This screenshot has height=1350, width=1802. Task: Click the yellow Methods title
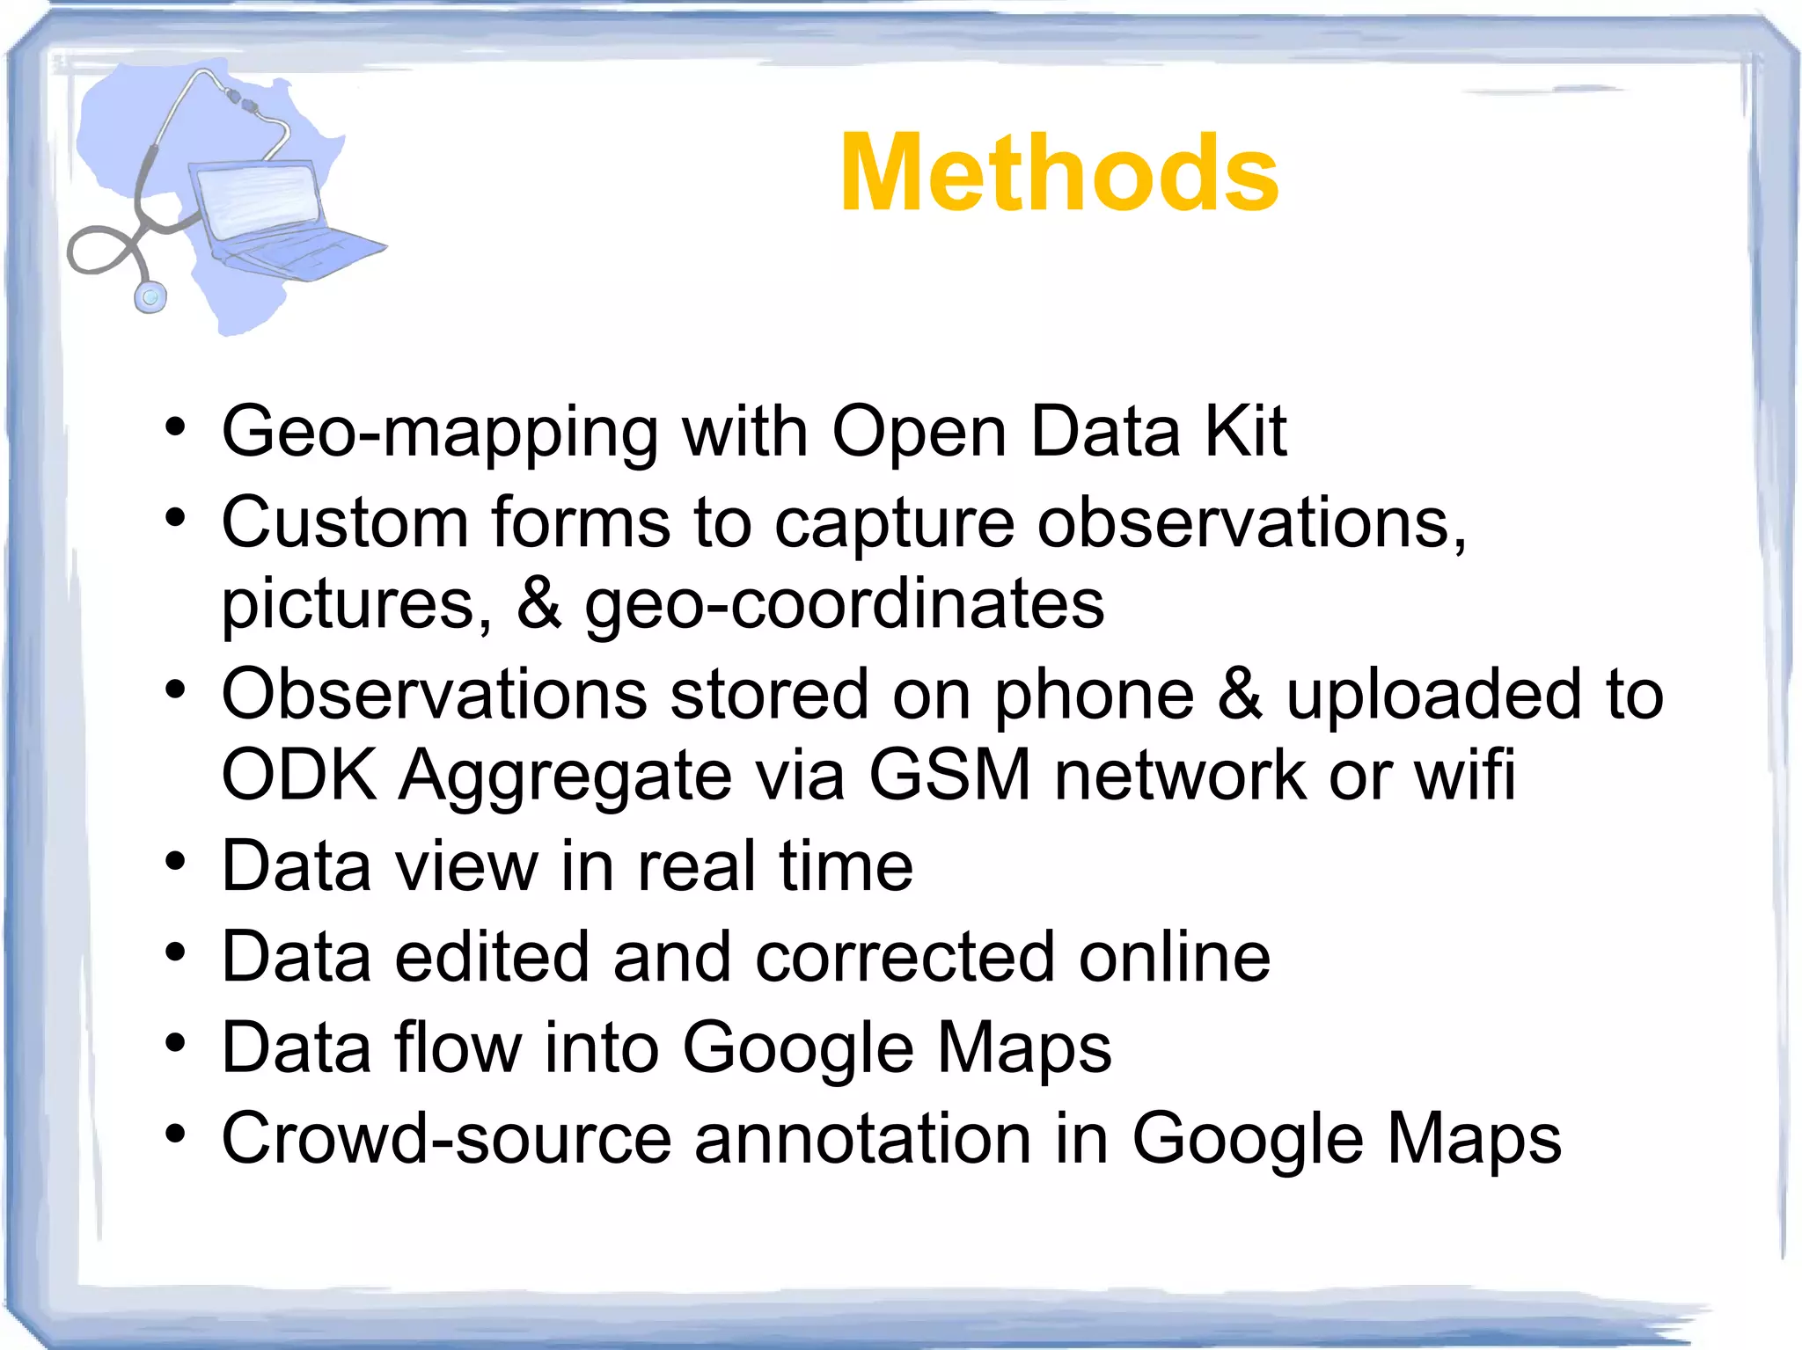pyautogui.click(x=1059, y=172)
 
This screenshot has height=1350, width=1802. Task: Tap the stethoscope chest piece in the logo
pyautogui.click(x=150, y=296)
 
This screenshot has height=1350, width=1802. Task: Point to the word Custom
pyautogui.click(x=345, y=522)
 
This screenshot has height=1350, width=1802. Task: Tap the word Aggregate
pyautogui.click(x=565, y=777)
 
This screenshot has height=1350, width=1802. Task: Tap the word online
pyautogui.click(x=1175, y=957)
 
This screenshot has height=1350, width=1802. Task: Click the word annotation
pyautogui.click(x=863, y=1138)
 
